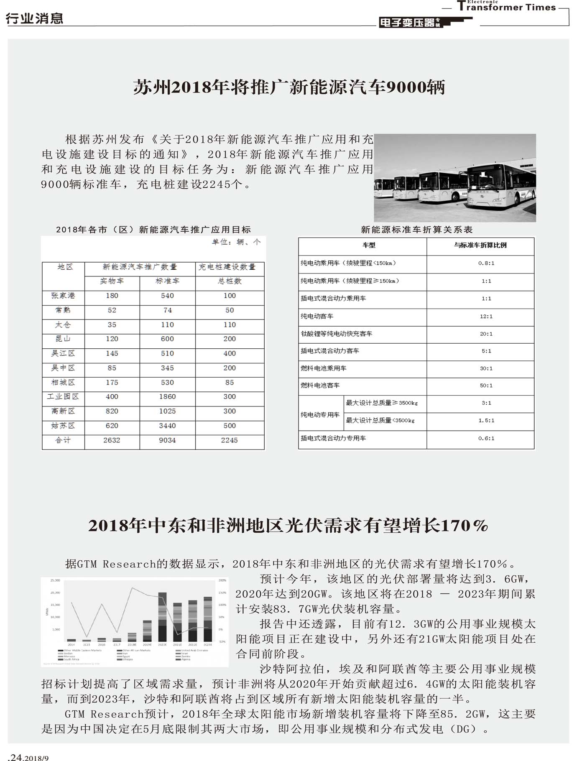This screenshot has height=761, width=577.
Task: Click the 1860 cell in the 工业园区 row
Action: tap(167, 396)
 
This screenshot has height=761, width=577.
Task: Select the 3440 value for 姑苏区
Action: tap(167, 426)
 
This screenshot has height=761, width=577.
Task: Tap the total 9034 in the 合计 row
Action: tap(167, 440)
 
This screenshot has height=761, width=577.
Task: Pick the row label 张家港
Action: tap(63, 296)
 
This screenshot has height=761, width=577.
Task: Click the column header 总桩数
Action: tap(230, 281)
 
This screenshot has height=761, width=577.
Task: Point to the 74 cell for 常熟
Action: tap(167, 310)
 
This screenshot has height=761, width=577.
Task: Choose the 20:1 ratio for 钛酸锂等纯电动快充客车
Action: tap(486, 334)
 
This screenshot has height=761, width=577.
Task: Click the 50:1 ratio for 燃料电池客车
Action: tap(486, 386)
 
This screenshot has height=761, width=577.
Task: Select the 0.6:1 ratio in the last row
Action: tap(486, 438)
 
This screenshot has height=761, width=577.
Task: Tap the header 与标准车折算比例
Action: tap(480, 245)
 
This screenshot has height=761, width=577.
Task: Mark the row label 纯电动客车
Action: tap(317, 317)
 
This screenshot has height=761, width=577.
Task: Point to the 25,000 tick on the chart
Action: tap(55, 580)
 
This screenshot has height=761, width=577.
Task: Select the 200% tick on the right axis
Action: tap(222, 580)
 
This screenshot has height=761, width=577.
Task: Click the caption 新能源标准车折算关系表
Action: tap(416, 230)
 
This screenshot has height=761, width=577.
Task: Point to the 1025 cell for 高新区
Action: tap(167, 411)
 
